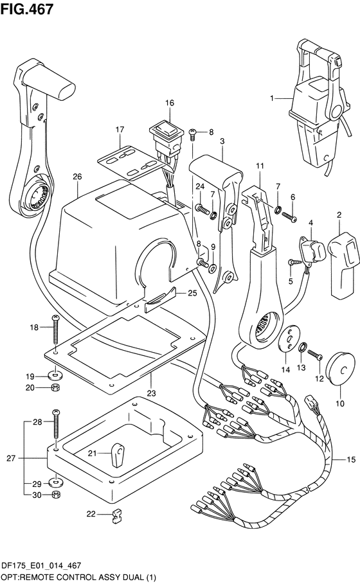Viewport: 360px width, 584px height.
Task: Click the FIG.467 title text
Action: click(27, 9)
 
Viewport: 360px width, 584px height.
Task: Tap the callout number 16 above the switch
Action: click(170, 103)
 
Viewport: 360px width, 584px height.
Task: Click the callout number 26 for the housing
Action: click(77, 176)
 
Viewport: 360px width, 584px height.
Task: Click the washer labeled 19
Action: click(55, 373)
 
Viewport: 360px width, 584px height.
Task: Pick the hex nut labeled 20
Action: click(55, 387)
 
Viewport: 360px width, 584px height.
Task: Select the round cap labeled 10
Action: click(338, 371)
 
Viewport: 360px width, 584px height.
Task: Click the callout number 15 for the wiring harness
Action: click(351, 459)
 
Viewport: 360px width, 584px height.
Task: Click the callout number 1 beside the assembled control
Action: click(272, 98)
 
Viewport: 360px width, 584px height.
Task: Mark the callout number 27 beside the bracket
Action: click(11, 458)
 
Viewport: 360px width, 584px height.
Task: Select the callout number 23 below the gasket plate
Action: click(151, 393)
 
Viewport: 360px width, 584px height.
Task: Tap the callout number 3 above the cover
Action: click(222, 141)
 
